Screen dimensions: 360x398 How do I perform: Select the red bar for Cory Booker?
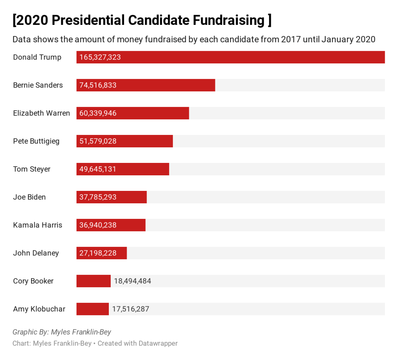click(94, 281)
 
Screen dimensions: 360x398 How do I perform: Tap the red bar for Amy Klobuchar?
click(93, 309)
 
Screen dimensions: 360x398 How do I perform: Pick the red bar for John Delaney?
click(102, 253)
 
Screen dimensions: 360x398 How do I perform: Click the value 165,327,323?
click(100, 57)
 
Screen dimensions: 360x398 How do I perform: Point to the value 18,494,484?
click(133, 281)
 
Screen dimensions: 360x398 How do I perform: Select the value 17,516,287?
click(131, 309)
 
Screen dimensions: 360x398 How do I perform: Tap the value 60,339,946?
click(98, 113)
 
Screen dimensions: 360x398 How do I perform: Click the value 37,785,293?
click(98, 197)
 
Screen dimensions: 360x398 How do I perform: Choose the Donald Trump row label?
click(37, 57)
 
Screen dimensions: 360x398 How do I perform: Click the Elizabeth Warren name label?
click(42, 113)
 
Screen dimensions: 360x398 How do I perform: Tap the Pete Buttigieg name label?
click(36, 141)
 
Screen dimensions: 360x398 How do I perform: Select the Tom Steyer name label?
click(32, 169)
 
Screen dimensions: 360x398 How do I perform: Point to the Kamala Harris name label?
click(38, 225)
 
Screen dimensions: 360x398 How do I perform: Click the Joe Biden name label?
click(30, 197)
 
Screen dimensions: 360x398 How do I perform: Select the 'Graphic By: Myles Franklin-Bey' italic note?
click(62, 332)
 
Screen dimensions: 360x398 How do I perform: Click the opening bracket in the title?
click(15, 20)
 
